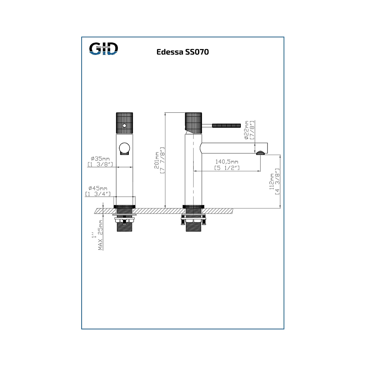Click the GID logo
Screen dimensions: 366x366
(104, 48)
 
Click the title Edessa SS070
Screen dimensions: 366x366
(183, 52)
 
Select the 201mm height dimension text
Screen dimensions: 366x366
(157, 160)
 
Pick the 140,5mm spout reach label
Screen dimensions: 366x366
(227, 162)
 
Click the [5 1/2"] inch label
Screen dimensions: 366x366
(227, 168)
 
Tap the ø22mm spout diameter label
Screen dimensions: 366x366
(247, 130)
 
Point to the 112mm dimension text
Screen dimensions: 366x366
(272, 181)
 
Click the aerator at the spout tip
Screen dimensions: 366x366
(260, 153)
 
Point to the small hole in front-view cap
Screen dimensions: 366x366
(124, 126)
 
